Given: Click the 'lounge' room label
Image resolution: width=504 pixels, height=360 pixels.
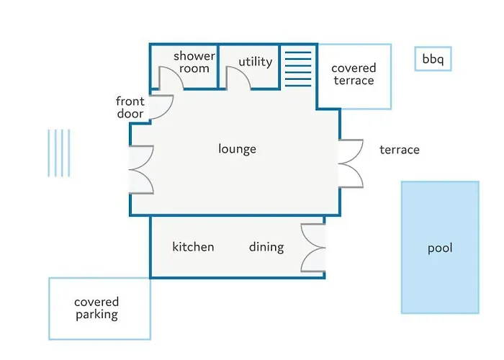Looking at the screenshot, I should (237, 149).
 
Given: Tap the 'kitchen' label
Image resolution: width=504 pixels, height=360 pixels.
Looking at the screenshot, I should (193, 247).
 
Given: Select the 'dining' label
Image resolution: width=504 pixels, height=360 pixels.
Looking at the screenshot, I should (266, 247).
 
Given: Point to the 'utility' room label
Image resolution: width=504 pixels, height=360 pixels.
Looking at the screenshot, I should (256, 62).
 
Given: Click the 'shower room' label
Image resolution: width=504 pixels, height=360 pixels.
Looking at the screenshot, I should (194, 63).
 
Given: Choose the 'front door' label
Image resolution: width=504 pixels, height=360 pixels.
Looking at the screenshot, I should (130, 108).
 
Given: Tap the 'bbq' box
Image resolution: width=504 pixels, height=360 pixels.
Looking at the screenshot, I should (433, 59).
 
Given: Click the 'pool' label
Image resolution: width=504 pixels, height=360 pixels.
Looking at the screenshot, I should (440, 248).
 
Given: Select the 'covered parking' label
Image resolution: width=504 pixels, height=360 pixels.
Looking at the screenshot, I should (96, 308).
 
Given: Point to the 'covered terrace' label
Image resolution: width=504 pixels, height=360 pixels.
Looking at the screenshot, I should (354, 74).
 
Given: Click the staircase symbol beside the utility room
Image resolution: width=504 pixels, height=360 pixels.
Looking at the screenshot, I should (297, 66).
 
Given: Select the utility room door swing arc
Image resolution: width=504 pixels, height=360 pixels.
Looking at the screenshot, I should (238, 78).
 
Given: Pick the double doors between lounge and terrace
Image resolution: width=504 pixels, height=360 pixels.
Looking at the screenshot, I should (351, 163).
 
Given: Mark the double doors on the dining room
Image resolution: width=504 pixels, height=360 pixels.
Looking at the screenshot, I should (314, 247).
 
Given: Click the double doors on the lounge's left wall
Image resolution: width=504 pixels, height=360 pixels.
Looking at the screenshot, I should (142, 169).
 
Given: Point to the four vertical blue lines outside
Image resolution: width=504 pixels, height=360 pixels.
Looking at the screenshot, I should (59, 153).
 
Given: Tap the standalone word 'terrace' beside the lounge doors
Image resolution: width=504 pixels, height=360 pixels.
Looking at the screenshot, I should (400, 150).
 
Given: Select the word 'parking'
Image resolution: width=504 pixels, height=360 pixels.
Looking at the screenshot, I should (96, 315).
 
